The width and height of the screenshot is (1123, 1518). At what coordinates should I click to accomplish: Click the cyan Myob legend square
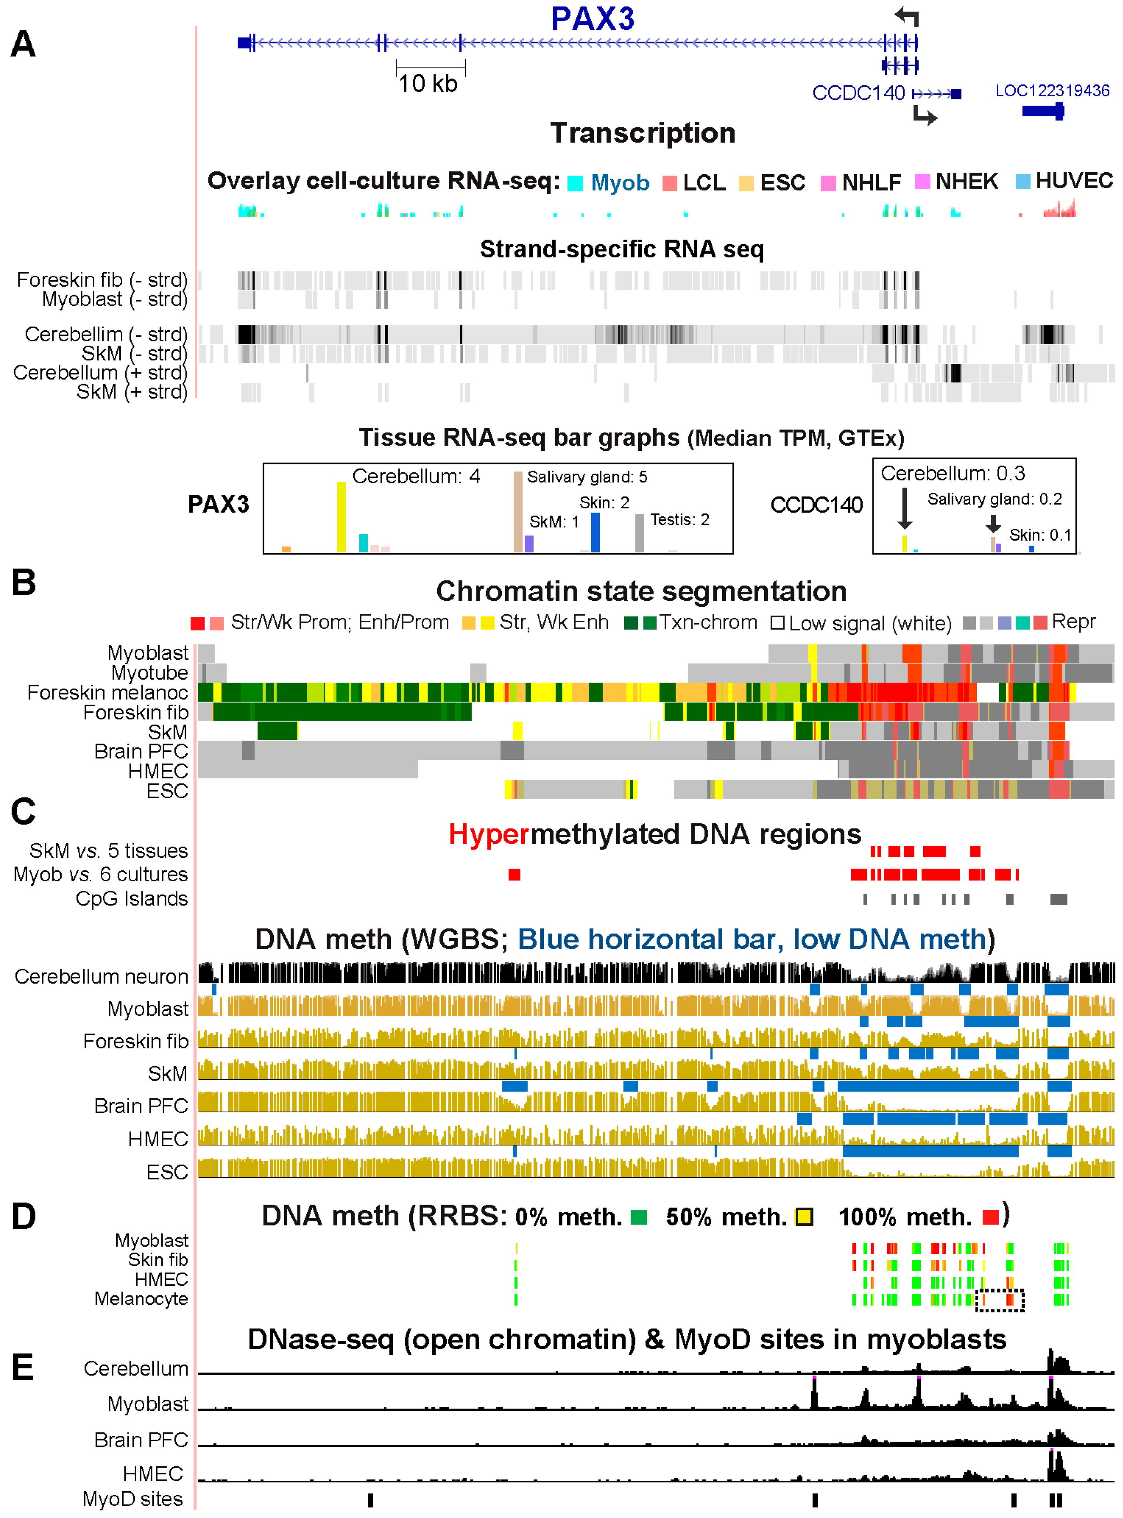point(575,183)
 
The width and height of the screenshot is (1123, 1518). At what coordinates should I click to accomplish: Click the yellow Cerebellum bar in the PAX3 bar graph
point(341,517)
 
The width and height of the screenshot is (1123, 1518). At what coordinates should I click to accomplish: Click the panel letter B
point(24,583)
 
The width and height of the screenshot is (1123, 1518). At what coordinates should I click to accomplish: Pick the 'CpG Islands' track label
point(131,899)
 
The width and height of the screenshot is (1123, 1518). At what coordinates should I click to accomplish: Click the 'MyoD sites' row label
point(133,1498)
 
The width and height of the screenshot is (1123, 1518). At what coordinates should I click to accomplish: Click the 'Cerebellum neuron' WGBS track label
point(101,976)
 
